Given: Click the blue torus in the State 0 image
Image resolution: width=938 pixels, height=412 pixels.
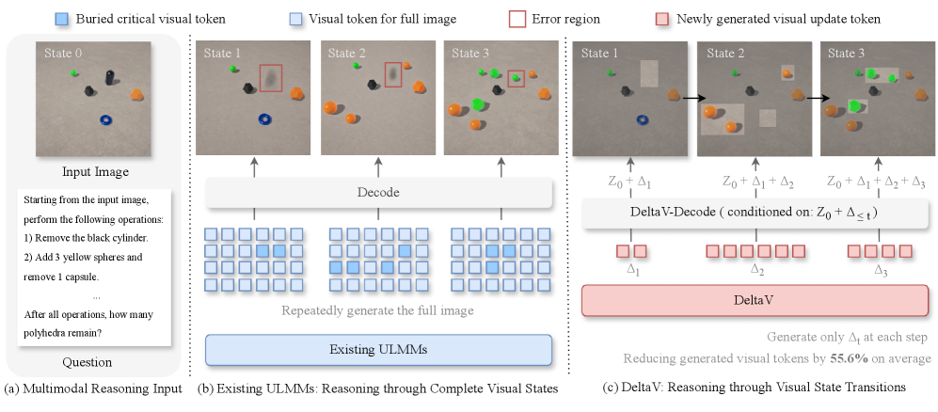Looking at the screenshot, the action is click(x=106, y=120).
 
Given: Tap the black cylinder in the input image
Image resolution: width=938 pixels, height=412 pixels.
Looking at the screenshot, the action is click(x=110, y=78).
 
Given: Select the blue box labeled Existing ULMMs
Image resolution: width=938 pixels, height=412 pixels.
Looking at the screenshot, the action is click(x=378, y=350).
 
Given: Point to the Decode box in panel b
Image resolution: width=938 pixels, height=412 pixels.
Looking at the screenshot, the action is click(x=378, y=193).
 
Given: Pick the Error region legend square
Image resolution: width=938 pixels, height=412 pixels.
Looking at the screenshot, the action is click(x=516, y=19).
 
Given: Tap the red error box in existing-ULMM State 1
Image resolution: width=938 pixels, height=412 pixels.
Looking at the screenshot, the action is click(x=271, y=78).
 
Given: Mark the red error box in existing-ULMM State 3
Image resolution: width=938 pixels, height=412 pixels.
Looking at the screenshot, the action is click(x=517, y=78).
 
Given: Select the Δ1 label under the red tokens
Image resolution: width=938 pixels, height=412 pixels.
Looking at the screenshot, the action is click(x=632, y=269).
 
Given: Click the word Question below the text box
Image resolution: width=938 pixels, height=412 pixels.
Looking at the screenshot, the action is click(x=87, y=362).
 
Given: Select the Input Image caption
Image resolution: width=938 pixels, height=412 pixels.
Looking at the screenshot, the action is click(x=96, y=172).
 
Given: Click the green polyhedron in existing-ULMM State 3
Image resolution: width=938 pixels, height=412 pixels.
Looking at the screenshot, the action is click(x=477, y=104).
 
